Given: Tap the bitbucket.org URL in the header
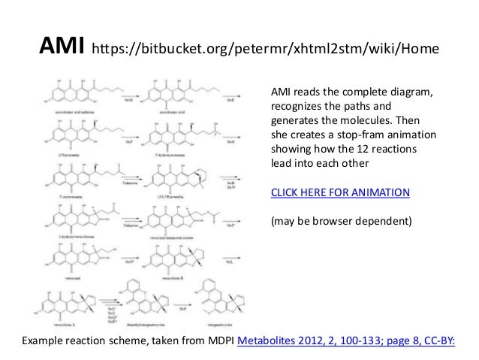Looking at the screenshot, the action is pyautogui.click(x=262, y=51).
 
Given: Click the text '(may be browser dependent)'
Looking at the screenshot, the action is pyautogui.click(x=336, y=221).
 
